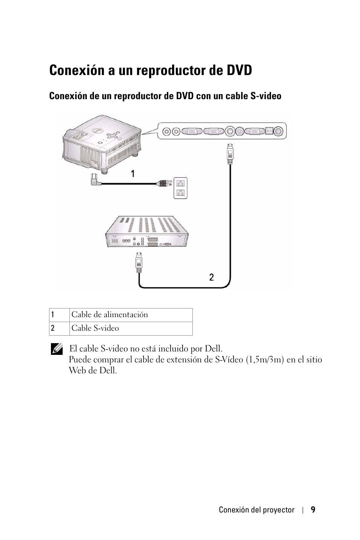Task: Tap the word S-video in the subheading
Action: pos(266,96)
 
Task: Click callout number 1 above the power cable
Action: pos(133,173)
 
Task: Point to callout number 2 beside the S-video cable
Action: pos(211,277)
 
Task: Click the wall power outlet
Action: pos(180,188)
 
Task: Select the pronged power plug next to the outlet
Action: pos(164,184)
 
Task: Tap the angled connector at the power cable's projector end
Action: pos(95,180)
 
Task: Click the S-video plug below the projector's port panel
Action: pos(230,154)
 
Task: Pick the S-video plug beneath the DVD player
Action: pos(139,262)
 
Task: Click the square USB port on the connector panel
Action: pos(269,131)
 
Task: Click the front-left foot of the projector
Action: pos(105,172)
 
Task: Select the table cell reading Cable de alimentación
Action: pos(131,315)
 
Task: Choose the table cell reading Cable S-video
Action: pos(131,328)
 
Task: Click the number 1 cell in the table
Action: pos(59,315)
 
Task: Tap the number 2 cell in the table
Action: pos(59,328)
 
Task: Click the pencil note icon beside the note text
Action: pos(57,349)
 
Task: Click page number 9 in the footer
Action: pos(313,509)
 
